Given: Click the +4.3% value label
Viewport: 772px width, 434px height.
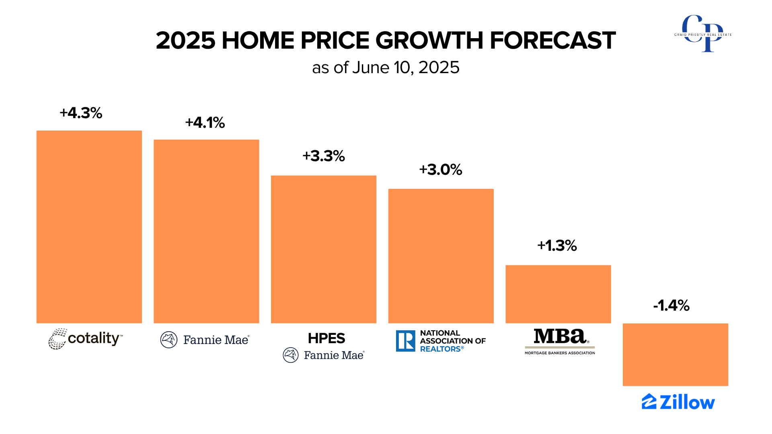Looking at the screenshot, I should [x=81, y=113].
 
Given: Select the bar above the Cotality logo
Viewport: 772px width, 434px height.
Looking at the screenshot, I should [x=89, y=227].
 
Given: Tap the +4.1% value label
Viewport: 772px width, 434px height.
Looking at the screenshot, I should [x=205, y=123].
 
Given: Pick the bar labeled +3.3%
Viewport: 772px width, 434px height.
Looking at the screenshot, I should [x=323, y=249].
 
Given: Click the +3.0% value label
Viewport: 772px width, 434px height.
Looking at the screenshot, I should [x=440, y=170].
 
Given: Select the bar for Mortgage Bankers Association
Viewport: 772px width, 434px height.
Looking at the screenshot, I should [x=558, y=294].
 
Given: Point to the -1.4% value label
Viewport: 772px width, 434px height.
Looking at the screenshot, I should [x=671, y=305].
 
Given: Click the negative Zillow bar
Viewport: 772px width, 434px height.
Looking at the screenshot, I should [x=675, y=354].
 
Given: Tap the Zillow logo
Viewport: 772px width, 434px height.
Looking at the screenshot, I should [x=678, y=402].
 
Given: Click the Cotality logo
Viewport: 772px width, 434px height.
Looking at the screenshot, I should [x=86, y=339].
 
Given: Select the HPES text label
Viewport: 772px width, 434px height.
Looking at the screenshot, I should [x=326, y=338].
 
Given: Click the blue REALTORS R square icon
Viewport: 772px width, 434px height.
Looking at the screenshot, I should [x=405, y=341].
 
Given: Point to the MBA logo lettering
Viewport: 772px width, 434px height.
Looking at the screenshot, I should [x=559, y=336].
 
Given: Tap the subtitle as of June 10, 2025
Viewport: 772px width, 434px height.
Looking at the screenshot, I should [x=386, y=68].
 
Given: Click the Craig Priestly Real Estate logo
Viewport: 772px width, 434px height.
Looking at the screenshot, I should [x=703, y=34].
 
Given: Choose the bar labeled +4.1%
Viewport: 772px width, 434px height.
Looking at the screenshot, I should [x=206, y=231].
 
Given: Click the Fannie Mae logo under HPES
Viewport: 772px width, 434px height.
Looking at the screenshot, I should [x=324, y=355].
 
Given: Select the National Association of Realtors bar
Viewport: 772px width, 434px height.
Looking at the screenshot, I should [x=441, y=256].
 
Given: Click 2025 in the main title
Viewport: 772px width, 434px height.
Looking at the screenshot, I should [x=185, y=41].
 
